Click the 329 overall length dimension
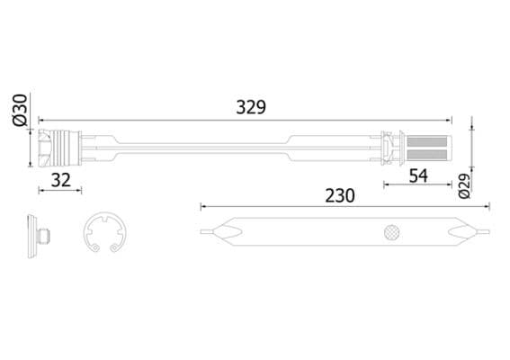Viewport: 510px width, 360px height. pyautogui.click(x=251, y=107)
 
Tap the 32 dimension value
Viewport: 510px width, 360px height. pyautogui.click(x=60, y=179)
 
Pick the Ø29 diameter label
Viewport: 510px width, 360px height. pyautogui.click(x=464, y=185)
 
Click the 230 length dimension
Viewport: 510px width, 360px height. pyautogui.click(x=339, y=194)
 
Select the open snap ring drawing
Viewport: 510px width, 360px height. pyautogui.click(x=104, y=236)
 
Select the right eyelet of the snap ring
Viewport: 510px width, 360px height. pyautogui.click(x=119, y=248)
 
